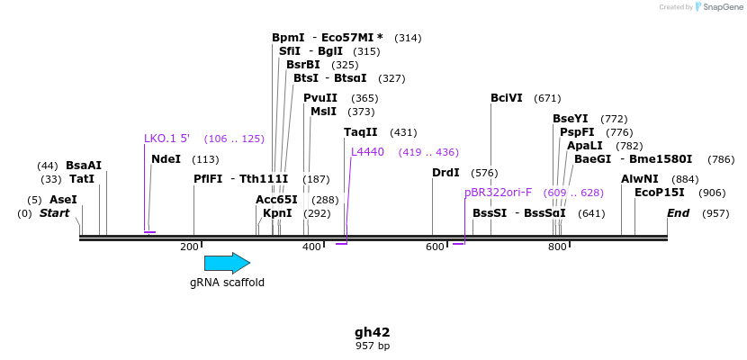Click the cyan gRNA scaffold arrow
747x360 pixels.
(227, 263)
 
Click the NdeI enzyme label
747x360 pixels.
(166, 159)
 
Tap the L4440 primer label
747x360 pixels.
(367, 152)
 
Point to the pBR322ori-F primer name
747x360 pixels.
(498, 193)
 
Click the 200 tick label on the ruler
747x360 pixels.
(189, 247)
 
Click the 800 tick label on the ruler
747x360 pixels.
(557, 247)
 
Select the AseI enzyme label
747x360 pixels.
(63, 200)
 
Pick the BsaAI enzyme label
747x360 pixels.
(84, 166)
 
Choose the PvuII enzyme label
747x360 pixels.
(320, 98)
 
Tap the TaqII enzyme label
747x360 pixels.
(361, 132)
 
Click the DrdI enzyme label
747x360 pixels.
(445, 173)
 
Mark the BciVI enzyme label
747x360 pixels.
(507, 98)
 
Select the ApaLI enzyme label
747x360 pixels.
(585, 146)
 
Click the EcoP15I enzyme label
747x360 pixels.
(660, 193)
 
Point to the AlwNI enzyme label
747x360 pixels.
(640, 179)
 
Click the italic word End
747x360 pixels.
(678, 213)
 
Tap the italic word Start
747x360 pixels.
(55, 213)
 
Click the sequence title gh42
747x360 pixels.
(372, 332)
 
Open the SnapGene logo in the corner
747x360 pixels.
(715, 7)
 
